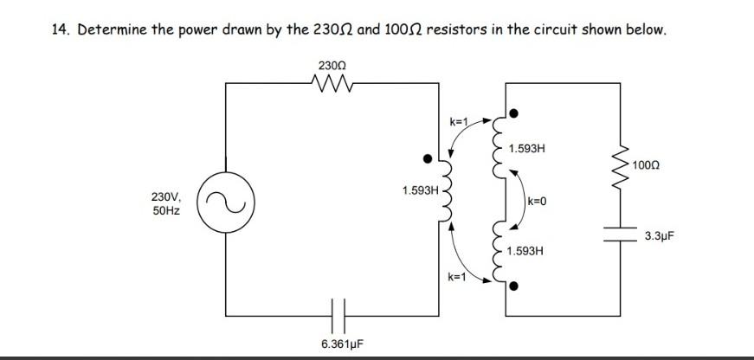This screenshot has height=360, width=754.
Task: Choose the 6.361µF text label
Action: pos(341,344)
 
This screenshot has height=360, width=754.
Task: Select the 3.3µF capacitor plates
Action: pos(621,235)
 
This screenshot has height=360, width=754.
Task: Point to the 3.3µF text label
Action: pos(659,235)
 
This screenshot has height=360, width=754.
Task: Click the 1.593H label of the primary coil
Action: pos(420,190)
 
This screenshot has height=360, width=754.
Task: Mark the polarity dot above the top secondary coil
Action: pos(514,112)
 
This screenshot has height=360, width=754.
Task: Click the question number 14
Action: pos(59,29)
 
